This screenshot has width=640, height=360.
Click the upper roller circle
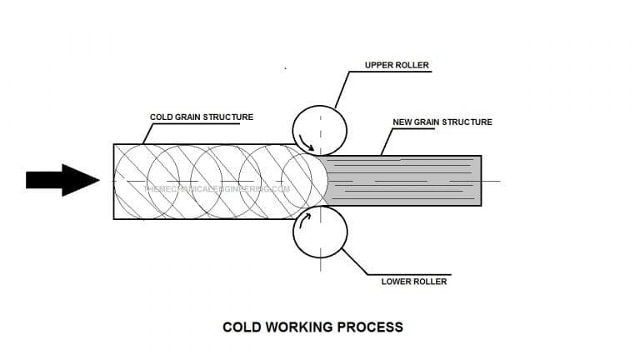pyautogui.click(x=319, y=130)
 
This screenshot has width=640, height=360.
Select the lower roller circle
pyautogui.click(x=319, y=232)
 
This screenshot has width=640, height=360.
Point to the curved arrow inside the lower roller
pyautogui.click(x=307, y=219)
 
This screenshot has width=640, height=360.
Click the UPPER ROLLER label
pyautogui.click(x=396, y=65)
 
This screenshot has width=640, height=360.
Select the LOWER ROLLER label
pyautogui.click(x=414, y=281)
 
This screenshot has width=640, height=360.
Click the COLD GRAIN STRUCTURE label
pyautogui.click(x=201, y=117)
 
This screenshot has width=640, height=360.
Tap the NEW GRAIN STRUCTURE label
pyautogui.click(x=442, y=122)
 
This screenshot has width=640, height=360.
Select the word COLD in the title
pyautogui.click(x=242, y=327)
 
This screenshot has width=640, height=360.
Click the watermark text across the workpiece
pyautogui.click(x=217, y=188)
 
